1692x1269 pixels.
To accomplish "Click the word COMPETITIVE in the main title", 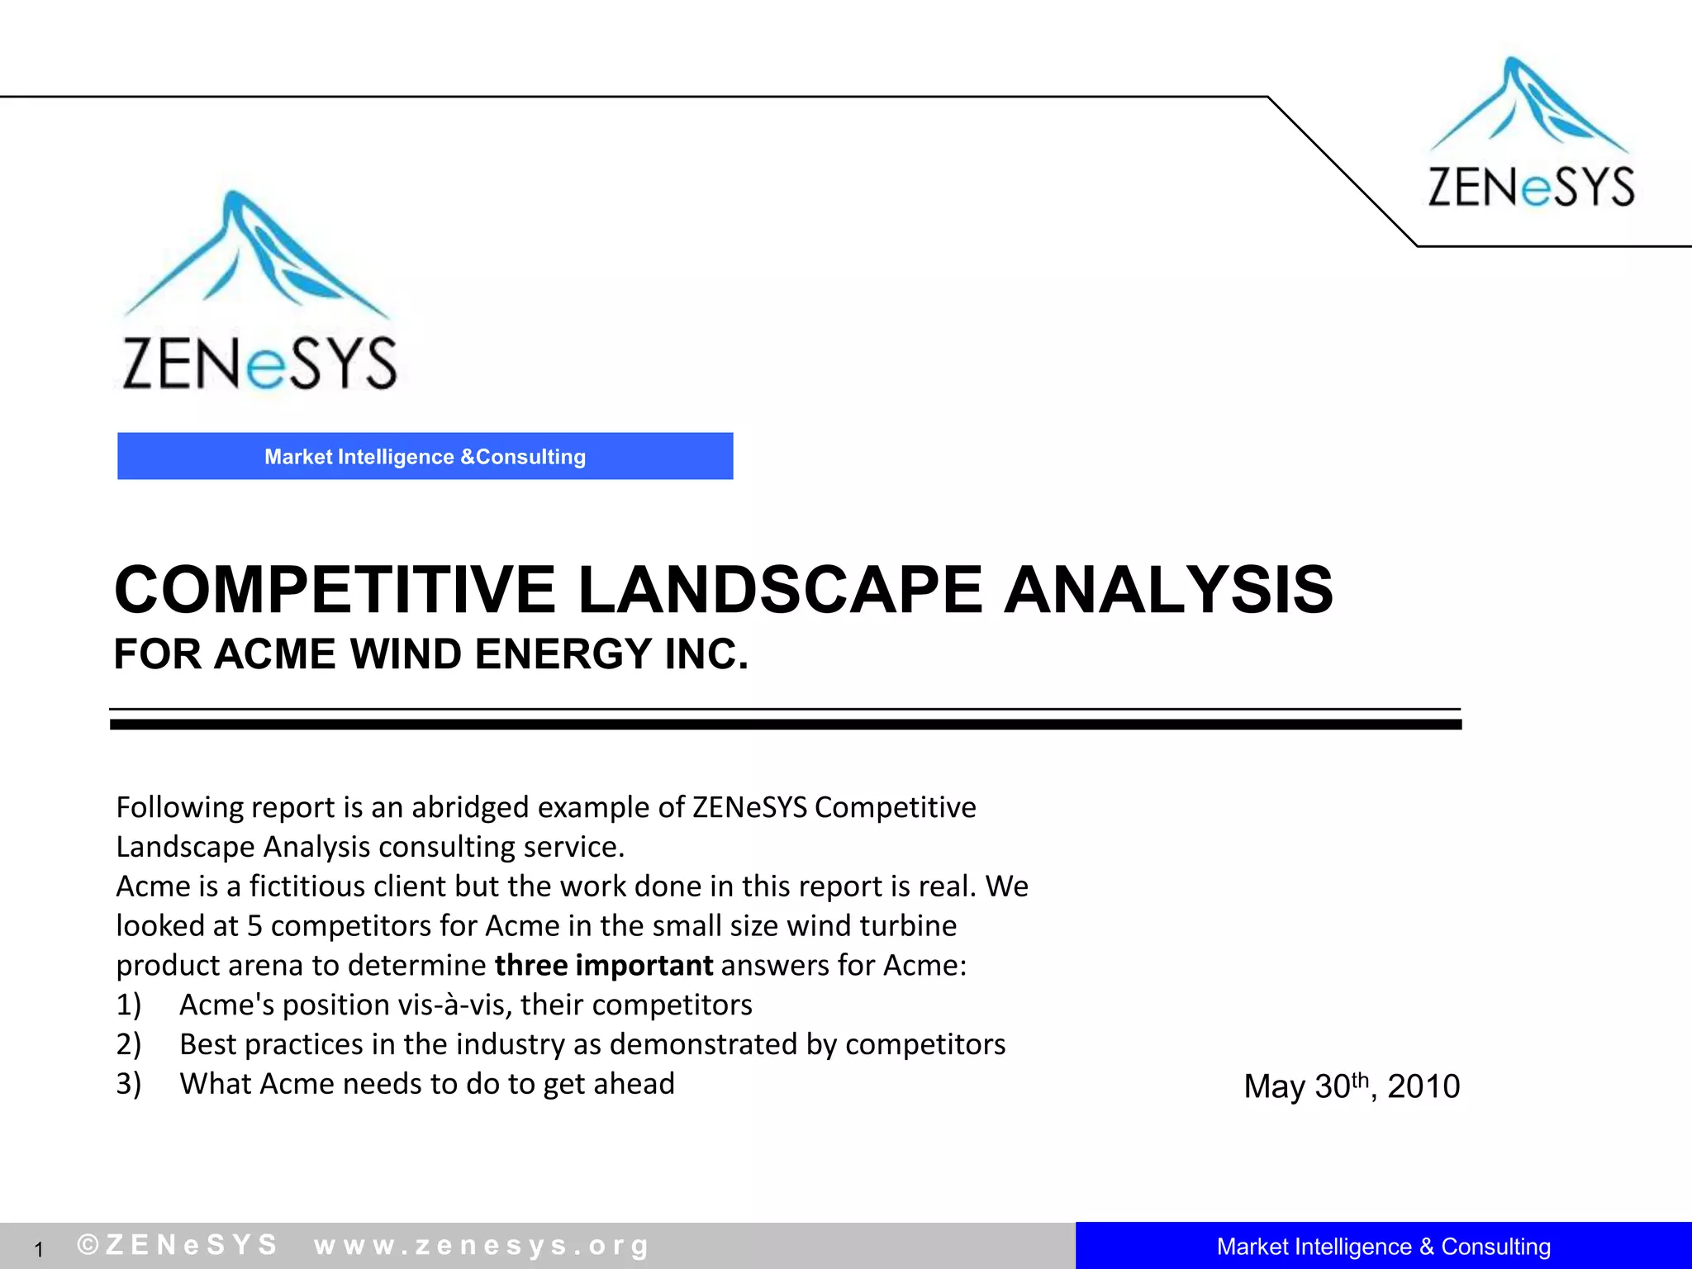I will click(335, 590).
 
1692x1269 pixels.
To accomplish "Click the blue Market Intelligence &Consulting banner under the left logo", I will click(425, 456).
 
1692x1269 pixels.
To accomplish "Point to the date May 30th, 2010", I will click(1352, 1086).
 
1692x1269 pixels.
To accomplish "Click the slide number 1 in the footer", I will click(38, 1249).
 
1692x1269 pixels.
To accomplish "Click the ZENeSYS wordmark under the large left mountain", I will click(259, 364).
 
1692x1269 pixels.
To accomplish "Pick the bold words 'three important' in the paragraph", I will click(603, 965).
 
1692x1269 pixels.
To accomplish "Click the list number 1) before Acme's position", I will click(129, 1005).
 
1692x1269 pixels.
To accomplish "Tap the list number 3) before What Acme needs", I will click(129, 1084).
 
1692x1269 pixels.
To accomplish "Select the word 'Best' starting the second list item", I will click(208, 1044).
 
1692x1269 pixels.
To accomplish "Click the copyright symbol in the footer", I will click(88, 1244).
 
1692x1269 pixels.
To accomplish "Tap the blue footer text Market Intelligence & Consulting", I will click(1383, 1246).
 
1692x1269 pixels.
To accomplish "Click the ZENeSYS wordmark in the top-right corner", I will click(1531, 187).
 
